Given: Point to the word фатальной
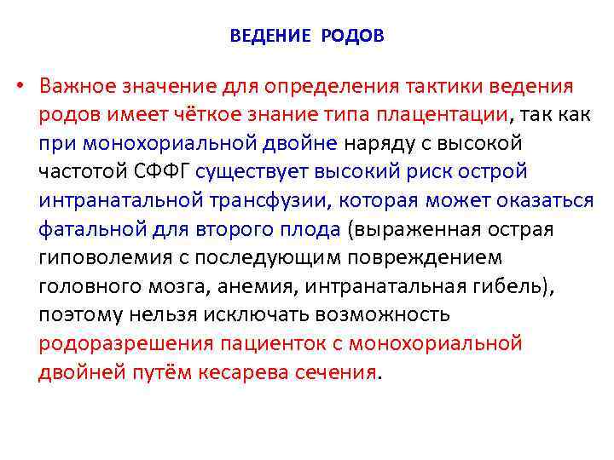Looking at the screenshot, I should click(x=79, y=229).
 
